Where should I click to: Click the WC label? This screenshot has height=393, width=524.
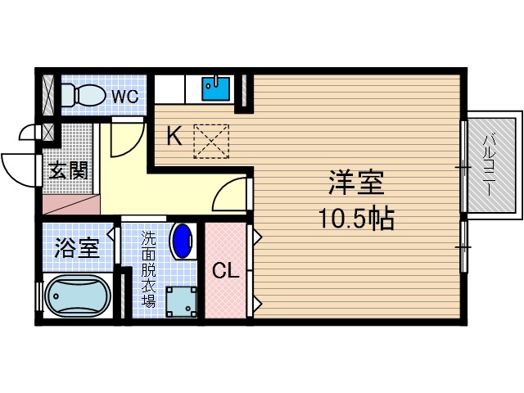click(124, 96)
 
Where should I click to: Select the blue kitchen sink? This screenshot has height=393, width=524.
click(216, 87)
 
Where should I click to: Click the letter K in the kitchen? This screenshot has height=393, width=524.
click(174, 135)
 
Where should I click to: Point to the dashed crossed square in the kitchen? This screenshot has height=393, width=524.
click(211, 141)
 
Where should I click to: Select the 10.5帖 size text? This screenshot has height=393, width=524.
click(357, 219)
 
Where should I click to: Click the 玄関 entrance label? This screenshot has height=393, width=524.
click(68, 172)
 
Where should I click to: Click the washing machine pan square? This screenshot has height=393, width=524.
click(181, 302)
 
